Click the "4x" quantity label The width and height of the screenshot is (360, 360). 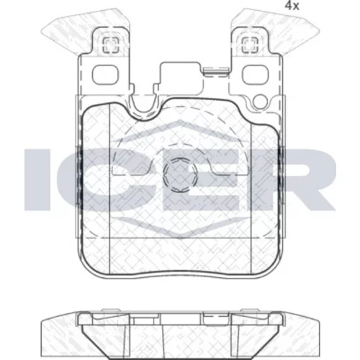coord(292,6)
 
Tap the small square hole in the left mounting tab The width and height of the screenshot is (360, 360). coord(111,45)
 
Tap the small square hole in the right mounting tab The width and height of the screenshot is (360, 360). coord(249,45)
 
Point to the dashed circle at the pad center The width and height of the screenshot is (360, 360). coord(180,175)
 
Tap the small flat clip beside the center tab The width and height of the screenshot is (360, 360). coord(215,71)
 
